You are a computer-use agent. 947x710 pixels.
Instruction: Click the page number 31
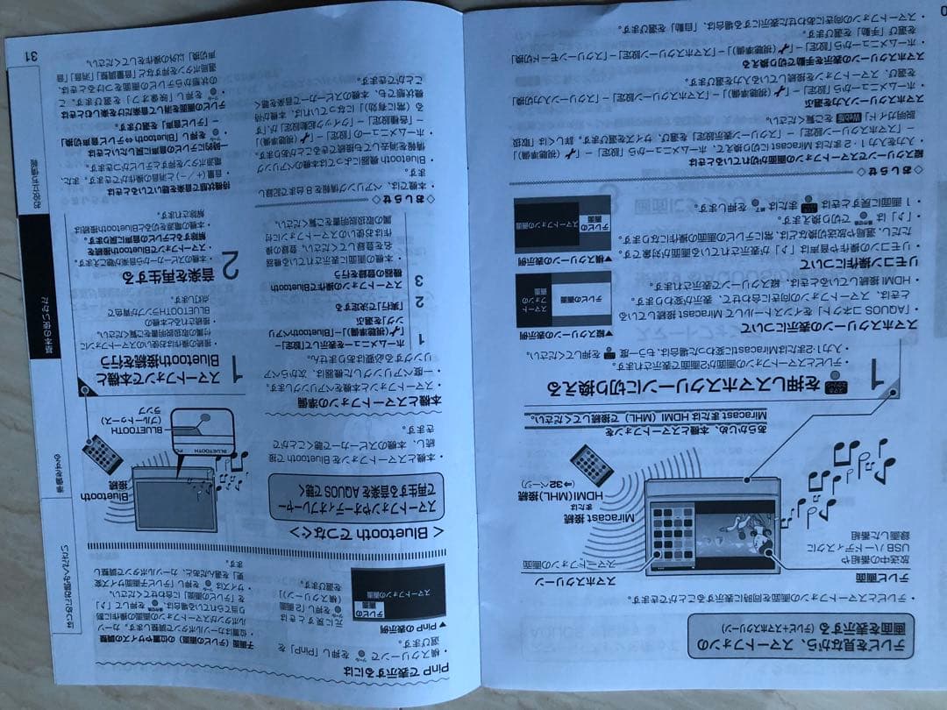click(x=32, y=55)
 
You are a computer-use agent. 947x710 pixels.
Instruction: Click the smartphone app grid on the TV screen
click(x=670, y=529)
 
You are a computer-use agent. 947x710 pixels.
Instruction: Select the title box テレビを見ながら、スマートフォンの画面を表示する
click(x=801, y=635)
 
